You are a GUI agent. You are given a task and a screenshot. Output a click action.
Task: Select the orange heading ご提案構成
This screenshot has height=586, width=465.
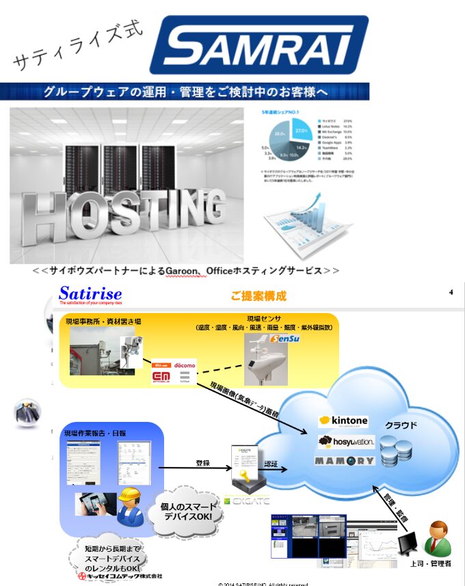(258, 296)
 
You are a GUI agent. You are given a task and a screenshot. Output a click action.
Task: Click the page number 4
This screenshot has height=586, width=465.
(451, 293)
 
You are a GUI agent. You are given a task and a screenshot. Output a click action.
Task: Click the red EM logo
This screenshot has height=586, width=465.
(162, 376)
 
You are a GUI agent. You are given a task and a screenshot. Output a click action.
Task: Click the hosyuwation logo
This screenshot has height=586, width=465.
(346, 442)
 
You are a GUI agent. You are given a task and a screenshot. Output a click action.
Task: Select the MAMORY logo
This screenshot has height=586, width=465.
(345, 460)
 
